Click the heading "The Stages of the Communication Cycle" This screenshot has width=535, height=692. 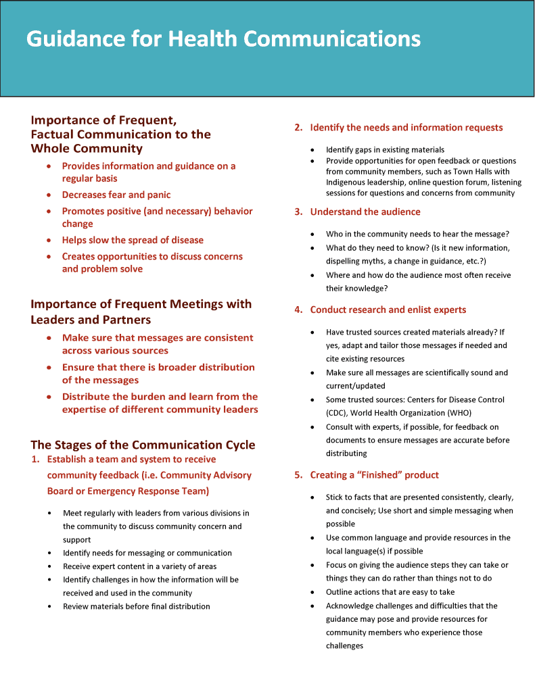pos(143,445)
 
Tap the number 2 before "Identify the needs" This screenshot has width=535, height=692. pos(298,128)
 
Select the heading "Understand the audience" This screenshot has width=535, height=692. pos(365,212)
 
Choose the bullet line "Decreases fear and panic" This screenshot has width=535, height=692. pos(116,195)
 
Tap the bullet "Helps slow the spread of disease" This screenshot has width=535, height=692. pos(133,240)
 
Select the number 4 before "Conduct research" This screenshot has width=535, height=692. pos(298,310)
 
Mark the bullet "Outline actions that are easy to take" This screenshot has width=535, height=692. pos(390,592)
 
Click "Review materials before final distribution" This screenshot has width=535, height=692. pos(137,606)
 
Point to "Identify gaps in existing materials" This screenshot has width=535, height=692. pos(385,149)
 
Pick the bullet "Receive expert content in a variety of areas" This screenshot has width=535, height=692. pos(140,566)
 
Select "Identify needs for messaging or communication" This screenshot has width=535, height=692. pos(147,553)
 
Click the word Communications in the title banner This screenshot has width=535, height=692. pos(332,39)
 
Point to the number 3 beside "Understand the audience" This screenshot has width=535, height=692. pos(298,212)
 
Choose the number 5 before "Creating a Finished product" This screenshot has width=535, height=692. pos(298,475)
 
